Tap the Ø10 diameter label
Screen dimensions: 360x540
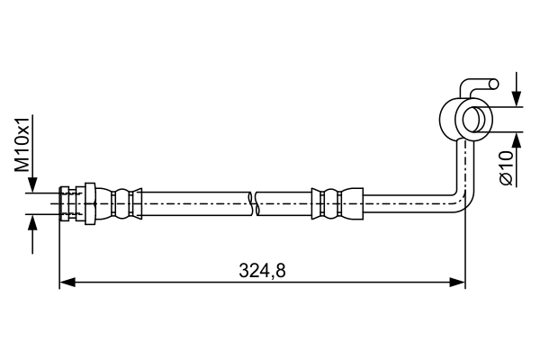click(506, 167)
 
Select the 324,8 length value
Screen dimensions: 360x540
click(263, 269)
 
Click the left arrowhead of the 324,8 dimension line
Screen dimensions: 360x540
click(66, 283)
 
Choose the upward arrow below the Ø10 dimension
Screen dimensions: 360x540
click(517, 141)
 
